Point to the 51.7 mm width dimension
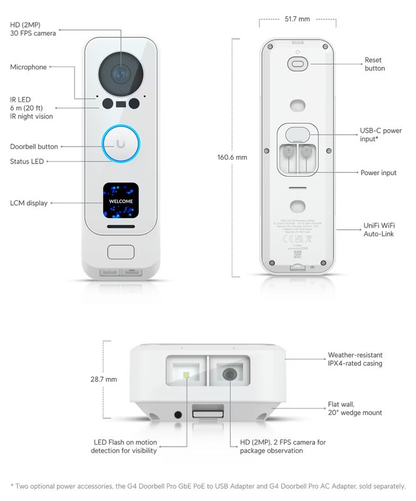(297, 19)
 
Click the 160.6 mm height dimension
(232, 157)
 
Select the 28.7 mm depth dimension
(103, 380)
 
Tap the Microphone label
(28, 67)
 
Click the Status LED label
(28, 162)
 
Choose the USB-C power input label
(380, 135)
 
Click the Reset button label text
(375, 64)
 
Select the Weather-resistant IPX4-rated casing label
(355, 359)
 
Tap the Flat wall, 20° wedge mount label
(355, 408)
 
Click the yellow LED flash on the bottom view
(186, 375)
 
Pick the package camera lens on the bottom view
(230, 374)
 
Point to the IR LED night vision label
(31, 108)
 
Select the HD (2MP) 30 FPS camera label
(33, 29)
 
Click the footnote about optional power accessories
(208, 486)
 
